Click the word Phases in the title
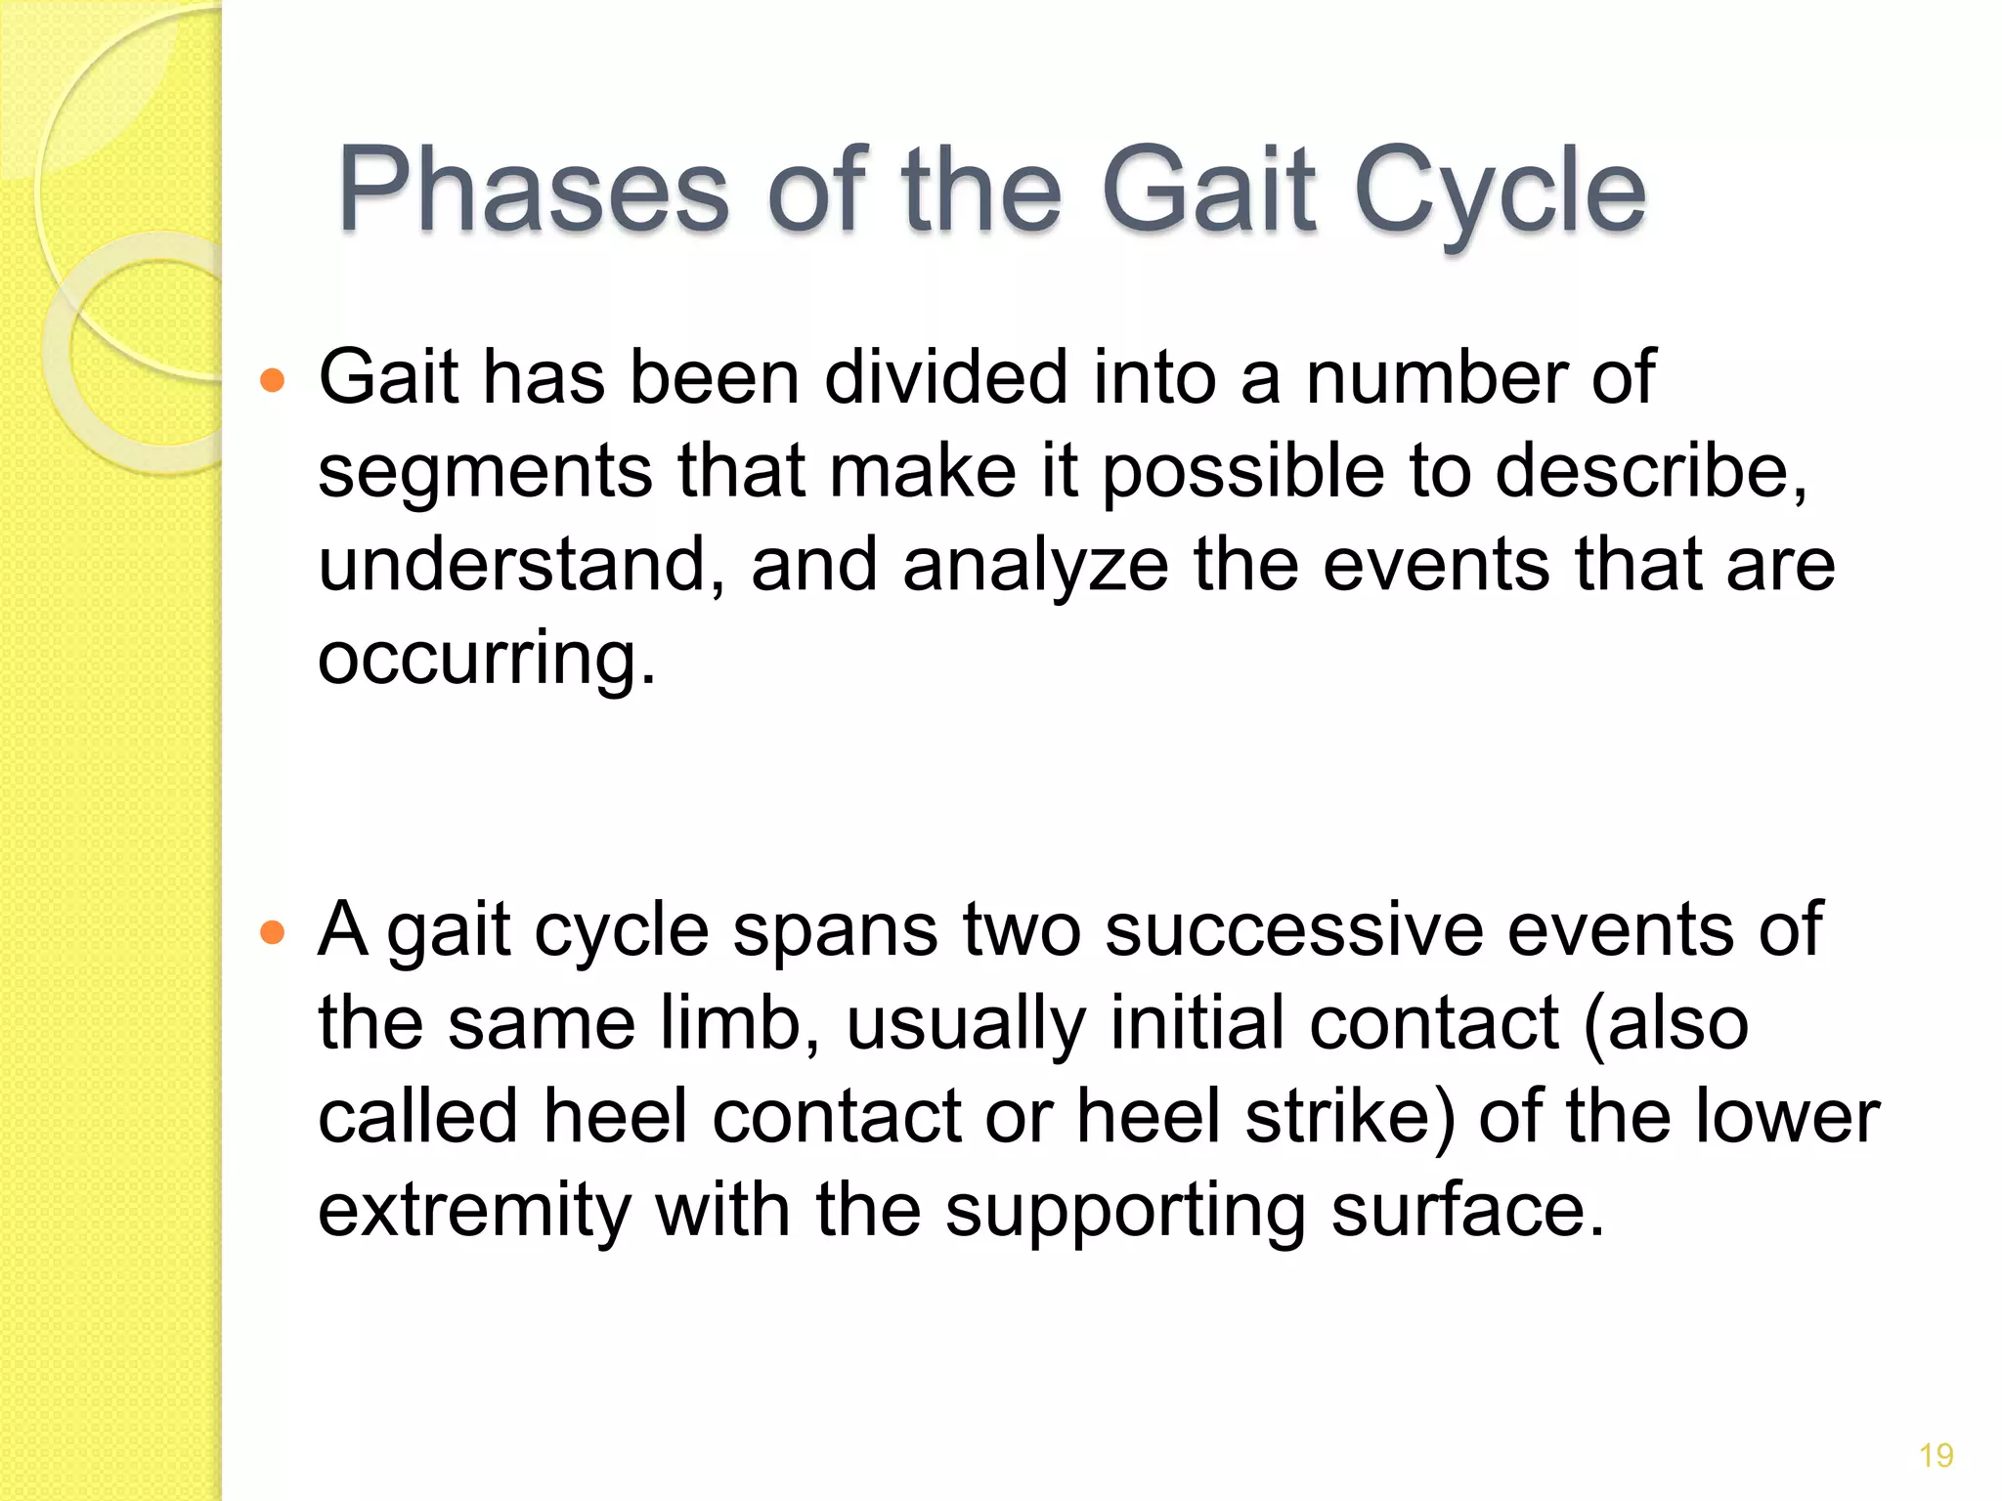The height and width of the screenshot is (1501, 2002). coord(533,191)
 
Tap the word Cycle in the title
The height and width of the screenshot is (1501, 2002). coord(1501,191)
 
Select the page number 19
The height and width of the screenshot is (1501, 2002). coord(1936,1456)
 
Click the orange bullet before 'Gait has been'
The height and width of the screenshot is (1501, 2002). coord(273,380)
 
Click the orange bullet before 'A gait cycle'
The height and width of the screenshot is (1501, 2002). coord(273,932)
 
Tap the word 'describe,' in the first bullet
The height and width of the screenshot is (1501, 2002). coord(1652,471)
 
